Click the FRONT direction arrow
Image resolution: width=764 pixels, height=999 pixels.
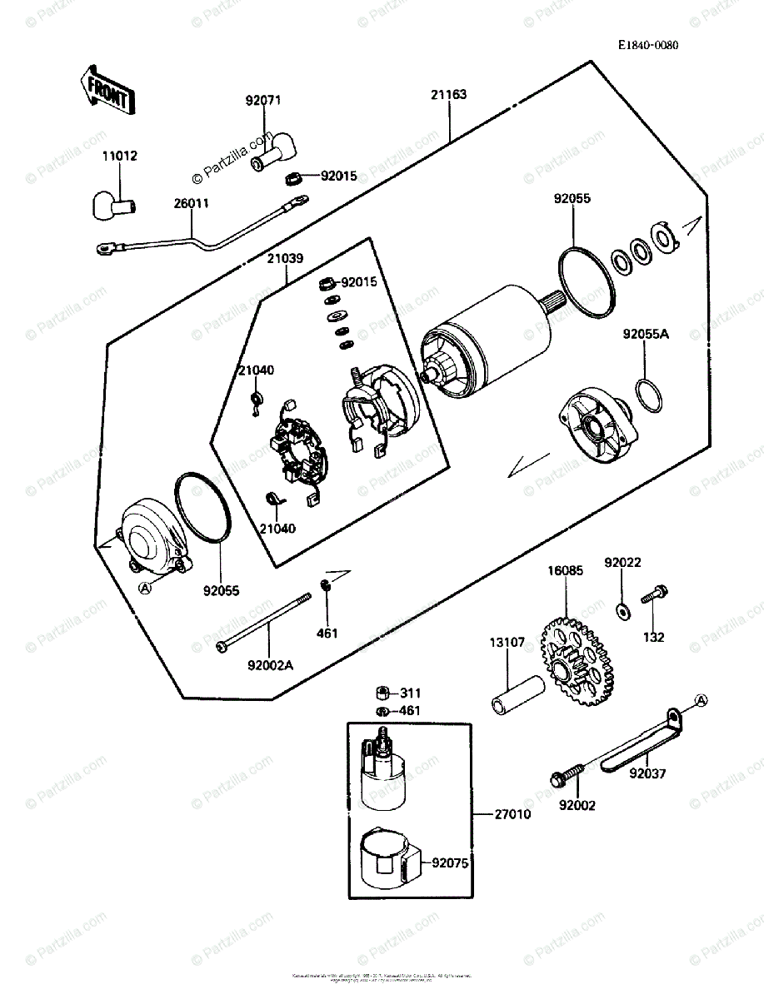pos(106,90)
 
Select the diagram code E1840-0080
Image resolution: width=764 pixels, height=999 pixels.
pos(647,45)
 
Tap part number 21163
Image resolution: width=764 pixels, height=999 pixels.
pos(448,95)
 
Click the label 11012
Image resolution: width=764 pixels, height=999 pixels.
pos(120,157)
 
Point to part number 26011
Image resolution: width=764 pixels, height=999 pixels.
pos(192,203)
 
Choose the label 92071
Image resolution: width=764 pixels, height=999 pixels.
pos(263,102)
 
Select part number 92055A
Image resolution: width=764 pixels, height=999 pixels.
pos(646,335)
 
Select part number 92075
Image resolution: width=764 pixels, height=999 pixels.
pos(450,864)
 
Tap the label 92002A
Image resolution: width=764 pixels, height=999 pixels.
pos(270,664)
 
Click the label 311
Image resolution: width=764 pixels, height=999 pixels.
pos(410,693)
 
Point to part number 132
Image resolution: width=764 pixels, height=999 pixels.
pos(653,638)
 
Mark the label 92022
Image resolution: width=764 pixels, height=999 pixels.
pos(623,563)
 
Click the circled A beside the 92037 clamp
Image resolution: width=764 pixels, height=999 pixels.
pos(701,699)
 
